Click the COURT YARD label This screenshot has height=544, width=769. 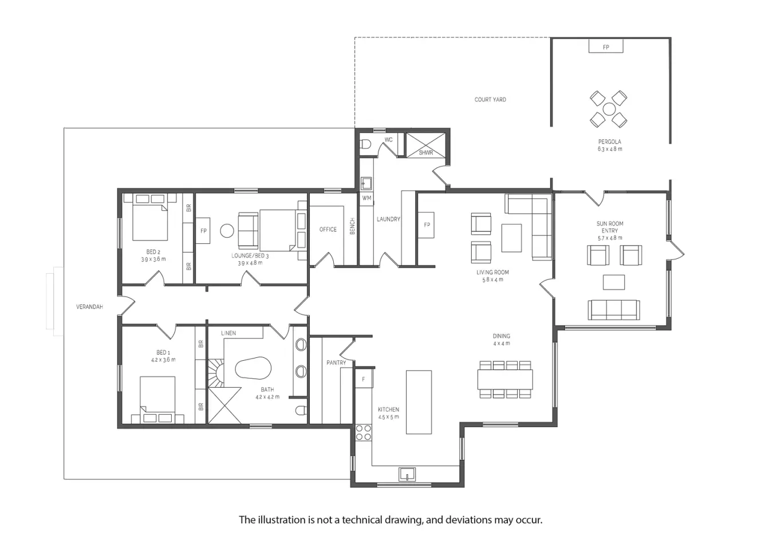[490, 100]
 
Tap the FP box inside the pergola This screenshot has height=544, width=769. [606, 46]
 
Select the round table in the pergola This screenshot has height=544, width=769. [609, 109]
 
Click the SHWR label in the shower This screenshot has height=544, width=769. [425, 153]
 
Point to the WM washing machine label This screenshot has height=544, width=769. [366, 198]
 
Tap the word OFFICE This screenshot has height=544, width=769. [328, 229]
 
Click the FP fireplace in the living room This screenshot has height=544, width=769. [426, 225]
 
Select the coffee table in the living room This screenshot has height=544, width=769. [511, 238]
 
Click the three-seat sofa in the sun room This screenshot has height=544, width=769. [613, 310]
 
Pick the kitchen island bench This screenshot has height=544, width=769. [419, 402]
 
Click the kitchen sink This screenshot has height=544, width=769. [407, 474]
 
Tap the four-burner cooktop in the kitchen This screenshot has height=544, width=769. [363, 432]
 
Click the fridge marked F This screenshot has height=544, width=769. [364, 379]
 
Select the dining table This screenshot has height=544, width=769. [505, 379]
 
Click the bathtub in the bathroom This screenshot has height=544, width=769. [253, 369]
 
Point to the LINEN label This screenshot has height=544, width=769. [228, 333]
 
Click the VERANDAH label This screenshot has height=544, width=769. [89, 307]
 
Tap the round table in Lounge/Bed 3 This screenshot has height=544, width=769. [227, 231]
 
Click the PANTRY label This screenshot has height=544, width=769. [336, 362]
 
